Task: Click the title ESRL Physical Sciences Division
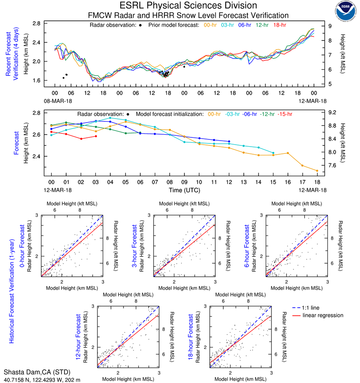pyautogui.click(x=188, y=6)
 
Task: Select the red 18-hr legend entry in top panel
pyautogui.click(x=279, y=25)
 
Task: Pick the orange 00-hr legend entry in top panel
pyautogui.click(x=210, y=25)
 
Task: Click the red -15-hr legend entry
pyautogui.click(x=285, y=114)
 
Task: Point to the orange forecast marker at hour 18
pyautogui.click(x=317, y=171)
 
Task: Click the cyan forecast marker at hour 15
pyautogui.click(x=273, y=153)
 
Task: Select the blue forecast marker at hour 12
pyautogui.click(x=229, y=141)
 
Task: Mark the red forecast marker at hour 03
pyautogui.click(x=96, y=136)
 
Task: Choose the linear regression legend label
pyautogui.click(x=323, y=315)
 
